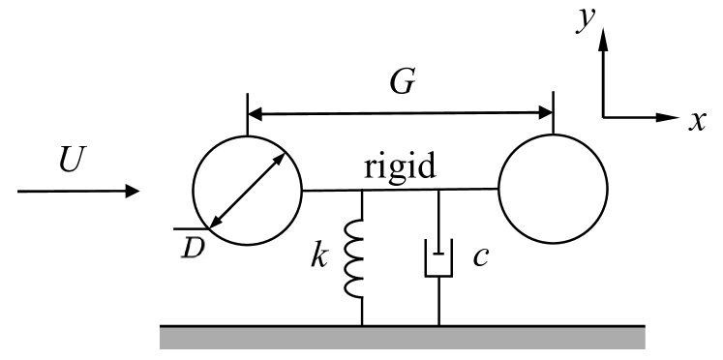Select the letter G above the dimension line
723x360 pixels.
click(403, 85)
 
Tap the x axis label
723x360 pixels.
click(696, 120)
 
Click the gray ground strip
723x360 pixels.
click(402, 337)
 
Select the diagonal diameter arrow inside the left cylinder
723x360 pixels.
click(248, 191)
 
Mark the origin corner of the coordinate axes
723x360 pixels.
click(604, 117)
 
